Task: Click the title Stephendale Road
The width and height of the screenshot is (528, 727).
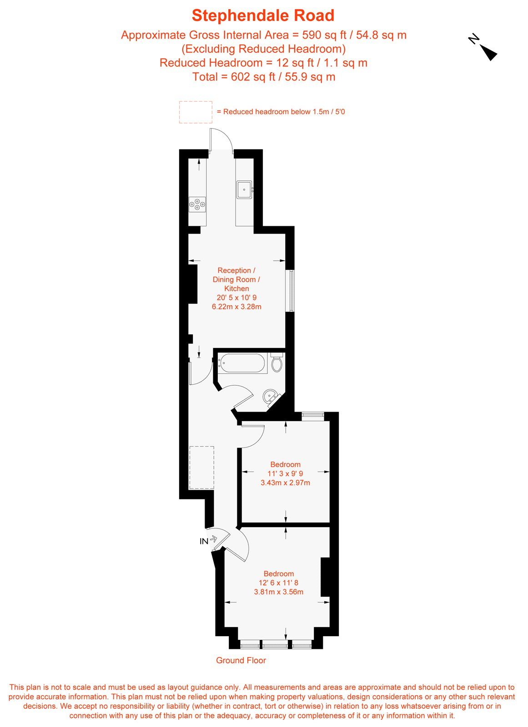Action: coord(263,15)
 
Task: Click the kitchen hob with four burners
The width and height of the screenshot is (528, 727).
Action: coord(197,204)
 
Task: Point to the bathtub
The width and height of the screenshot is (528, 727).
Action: coord(242,363)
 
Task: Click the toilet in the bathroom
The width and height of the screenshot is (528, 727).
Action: coord(276,363)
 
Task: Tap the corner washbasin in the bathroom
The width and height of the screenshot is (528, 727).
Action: coord(271,396)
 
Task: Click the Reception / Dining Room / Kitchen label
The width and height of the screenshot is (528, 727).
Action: coord(236,279)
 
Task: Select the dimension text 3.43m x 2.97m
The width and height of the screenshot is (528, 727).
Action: coord(285,483)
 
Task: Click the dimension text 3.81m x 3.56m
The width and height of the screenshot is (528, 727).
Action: coord(278,592)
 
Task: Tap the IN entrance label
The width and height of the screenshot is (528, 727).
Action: coord(204,541)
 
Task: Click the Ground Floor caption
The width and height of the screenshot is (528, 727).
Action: coord(241,660)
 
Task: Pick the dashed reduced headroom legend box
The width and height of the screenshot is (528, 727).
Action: coord(196,112)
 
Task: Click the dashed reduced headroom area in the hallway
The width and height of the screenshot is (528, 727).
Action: coord(201,467)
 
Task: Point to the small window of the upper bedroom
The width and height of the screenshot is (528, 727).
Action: coord(313,414)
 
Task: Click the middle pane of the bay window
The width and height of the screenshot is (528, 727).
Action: coord(275,644)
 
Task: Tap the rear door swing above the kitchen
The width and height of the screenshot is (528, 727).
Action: coord(221,140)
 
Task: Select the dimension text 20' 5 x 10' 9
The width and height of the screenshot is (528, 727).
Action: coord(236,298)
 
